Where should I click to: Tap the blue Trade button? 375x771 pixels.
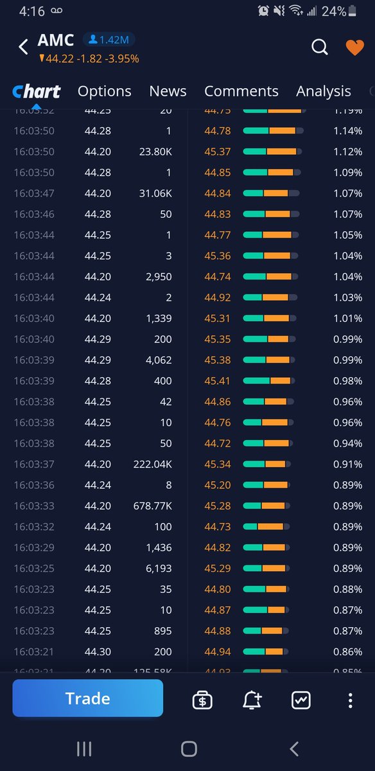pyautogui.click(x=88, y=698)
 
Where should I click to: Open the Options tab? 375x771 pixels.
pyautogui.click(x=104, y=91)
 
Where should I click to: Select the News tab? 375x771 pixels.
pyautogui.click(x=168, y=91)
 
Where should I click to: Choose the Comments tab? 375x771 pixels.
pyautogui.click(x=241, y=91)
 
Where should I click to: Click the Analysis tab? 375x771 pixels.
pyautogui.click(x=324, y=91)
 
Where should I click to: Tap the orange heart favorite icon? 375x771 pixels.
pyautogui.click(x=354, y=48)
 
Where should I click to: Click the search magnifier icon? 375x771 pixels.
pyautogui.click(x=320, y=47)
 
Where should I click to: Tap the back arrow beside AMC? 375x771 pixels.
pyautogui.click(x=24, y=47)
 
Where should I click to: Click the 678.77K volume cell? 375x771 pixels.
pyautogui.click(x=152, y=506)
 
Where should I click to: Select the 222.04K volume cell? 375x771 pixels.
pyautogui.click(x=152, y=465)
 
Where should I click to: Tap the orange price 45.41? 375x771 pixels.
pyautogui.click(x=218, y=381)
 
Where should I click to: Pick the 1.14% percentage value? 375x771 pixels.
pyautogui.click(x=348, y=131)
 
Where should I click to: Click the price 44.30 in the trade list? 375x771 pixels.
pyautogui.click(x=98, y=651)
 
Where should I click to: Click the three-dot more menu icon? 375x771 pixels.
pyautogui.click(x=350, y=700)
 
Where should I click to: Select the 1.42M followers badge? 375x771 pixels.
pyautogui.click(x=108, y=40)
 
